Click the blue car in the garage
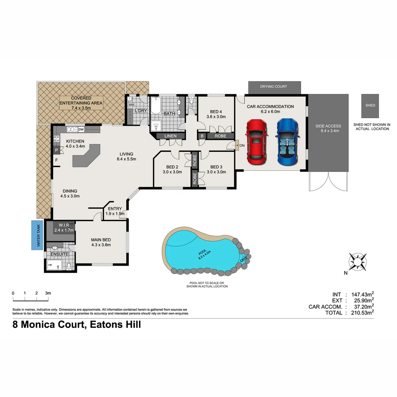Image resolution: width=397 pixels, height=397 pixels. [288, 142]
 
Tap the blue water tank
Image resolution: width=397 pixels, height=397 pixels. [37, 235]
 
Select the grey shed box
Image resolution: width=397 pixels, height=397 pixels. [370, 105]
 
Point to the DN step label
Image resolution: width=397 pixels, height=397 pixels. [242, 146]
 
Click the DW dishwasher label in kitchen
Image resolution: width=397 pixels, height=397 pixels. [81, 129]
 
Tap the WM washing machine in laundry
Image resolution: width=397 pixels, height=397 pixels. [130, 105]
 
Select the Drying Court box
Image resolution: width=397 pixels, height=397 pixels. [273, 87]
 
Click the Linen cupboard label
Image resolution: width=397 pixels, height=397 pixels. [171, 136]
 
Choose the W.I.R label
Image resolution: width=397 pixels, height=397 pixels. [64, 225]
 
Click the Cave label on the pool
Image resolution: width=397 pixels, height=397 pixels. [243, 259]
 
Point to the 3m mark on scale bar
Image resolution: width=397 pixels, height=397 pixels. [48, 293]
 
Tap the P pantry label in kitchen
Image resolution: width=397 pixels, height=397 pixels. [57, 150]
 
